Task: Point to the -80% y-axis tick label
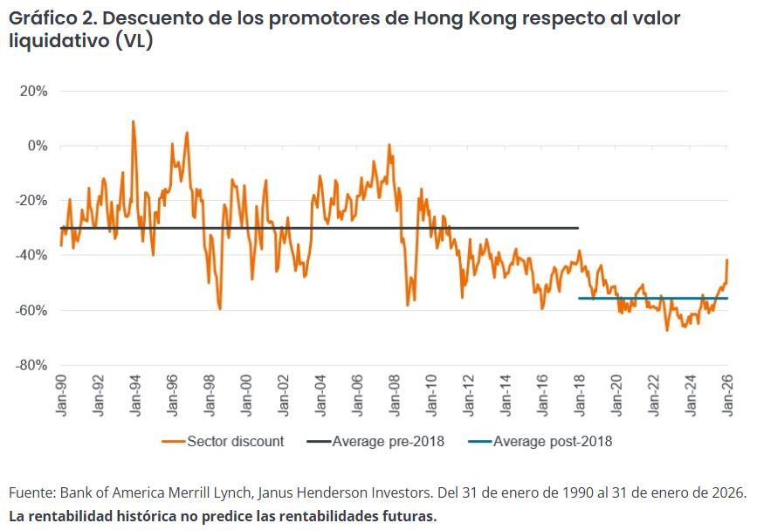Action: pos(31,365)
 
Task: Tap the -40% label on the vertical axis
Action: pos(31,255)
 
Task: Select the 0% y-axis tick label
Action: pos(38,146)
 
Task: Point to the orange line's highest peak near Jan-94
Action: pos(133,121)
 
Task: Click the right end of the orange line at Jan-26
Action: pos(727,260)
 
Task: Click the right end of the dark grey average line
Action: pos(578,228)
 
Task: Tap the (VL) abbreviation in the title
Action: pos(134,41)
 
